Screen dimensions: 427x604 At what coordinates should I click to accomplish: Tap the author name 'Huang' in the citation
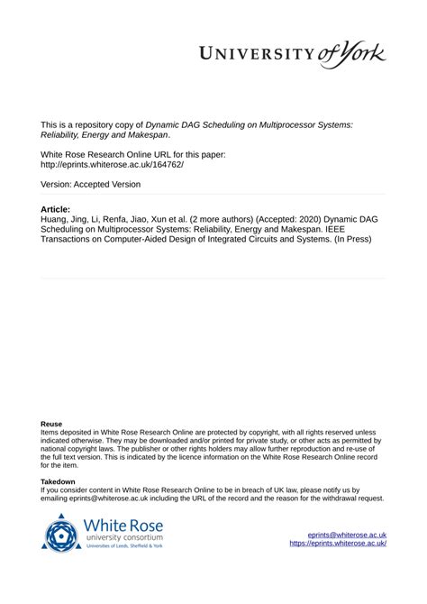click(x=57, y=219)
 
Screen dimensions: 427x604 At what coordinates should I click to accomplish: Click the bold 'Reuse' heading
click(x=52, y=424)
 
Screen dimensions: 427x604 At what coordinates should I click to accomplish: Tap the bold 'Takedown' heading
click(x=59, y=482)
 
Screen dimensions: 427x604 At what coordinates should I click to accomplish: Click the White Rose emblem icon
click(x=60, y=532)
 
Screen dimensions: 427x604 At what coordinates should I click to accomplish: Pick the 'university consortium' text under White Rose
click(x=123, y=537)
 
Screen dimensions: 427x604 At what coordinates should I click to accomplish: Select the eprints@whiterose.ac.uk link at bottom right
click(x=347, y=535)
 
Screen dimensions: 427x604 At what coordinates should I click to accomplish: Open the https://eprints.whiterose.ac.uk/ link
click(x=338, y=544)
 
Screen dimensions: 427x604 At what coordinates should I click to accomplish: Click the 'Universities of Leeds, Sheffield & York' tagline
click(x=123, y=546)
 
